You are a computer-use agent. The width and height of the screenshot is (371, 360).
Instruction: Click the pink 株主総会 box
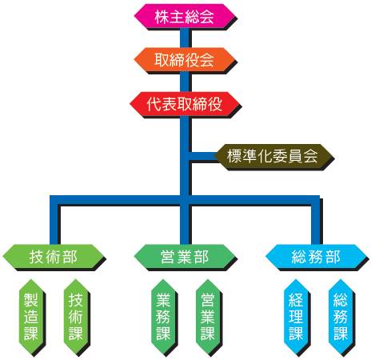point(184,16)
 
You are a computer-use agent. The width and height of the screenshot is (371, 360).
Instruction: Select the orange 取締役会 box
point(184,60)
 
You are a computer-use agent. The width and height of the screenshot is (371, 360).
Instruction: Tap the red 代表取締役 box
point(185,104)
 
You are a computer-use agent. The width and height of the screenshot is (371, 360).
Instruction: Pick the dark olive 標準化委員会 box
point(273,156)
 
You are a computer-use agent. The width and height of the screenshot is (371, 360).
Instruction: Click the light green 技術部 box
point(53,257)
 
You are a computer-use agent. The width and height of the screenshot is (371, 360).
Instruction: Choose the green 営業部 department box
point(185,257)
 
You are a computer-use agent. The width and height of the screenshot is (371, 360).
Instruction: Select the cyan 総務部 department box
point(316,257)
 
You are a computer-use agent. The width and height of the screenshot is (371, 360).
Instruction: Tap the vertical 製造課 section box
point(31,317)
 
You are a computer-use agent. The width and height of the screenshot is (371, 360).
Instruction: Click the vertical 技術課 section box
point(76,317)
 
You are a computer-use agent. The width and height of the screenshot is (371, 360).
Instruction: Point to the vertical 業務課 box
point(163,317)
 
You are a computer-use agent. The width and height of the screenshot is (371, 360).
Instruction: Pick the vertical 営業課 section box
point(208,317)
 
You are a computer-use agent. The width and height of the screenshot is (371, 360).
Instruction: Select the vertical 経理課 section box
point(296,317)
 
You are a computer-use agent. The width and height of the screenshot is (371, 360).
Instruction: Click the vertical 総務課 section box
point(341,317)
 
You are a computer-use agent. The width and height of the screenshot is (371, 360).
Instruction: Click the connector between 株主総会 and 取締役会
point(185,38)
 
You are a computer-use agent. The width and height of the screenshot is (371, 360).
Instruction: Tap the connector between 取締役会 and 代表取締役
point(185,82)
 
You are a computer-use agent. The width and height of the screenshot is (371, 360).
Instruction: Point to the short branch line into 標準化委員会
point(202,156)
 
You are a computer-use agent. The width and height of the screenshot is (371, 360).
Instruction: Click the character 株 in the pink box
point(162,17)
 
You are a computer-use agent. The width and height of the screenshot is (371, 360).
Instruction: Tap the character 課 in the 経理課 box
point(296,333)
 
